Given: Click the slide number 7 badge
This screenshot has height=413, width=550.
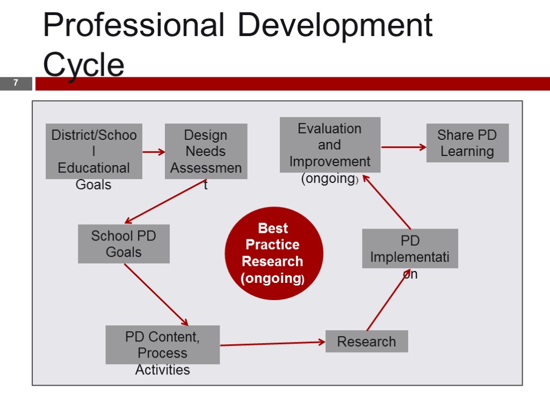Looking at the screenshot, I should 16,83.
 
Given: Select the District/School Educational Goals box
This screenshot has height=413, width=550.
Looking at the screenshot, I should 94,152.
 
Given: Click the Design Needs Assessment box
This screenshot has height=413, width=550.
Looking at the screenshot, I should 206,152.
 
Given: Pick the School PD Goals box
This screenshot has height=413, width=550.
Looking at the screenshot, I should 124,244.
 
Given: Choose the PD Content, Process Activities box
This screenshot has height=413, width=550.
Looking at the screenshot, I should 162,345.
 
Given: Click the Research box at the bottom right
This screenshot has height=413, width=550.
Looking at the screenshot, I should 366,341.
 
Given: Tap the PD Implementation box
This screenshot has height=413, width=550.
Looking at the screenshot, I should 410,248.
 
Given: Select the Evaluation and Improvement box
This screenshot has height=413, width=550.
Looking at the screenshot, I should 330,145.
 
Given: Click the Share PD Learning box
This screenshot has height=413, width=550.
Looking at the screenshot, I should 467,143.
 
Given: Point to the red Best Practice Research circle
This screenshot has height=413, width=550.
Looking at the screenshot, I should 273,253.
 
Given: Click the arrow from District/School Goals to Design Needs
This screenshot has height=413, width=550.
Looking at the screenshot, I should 154,152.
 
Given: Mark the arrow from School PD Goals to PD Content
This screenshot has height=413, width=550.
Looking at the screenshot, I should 156,295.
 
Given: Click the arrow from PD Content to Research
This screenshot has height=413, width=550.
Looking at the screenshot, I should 272,343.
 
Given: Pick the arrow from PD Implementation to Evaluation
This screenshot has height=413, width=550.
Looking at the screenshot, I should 386,201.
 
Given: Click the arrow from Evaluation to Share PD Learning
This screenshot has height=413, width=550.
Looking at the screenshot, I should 403,146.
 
